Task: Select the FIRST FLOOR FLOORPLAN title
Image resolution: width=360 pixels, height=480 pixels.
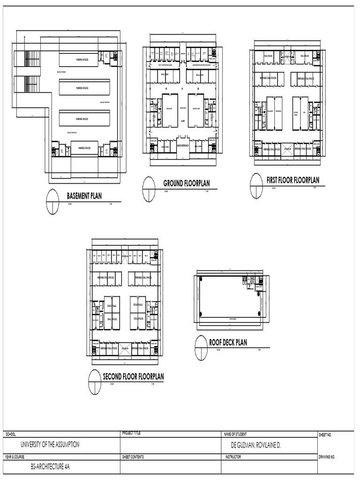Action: (x=292, y=180)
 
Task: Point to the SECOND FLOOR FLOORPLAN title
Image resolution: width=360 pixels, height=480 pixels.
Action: (x=134, y=376)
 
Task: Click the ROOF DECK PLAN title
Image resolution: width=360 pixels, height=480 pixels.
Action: (x=228, y=343)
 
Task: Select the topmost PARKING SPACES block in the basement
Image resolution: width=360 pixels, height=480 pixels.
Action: (x=84, y=60)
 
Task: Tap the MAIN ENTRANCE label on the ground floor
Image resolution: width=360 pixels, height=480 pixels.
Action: (x=183, y=145)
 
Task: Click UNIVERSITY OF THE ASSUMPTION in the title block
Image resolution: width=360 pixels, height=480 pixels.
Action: (x=49, y=444)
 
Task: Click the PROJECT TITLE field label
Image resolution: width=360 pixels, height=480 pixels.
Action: (x=131, y=434)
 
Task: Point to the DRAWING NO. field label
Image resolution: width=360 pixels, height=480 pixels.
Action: (x=327, y=457)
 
